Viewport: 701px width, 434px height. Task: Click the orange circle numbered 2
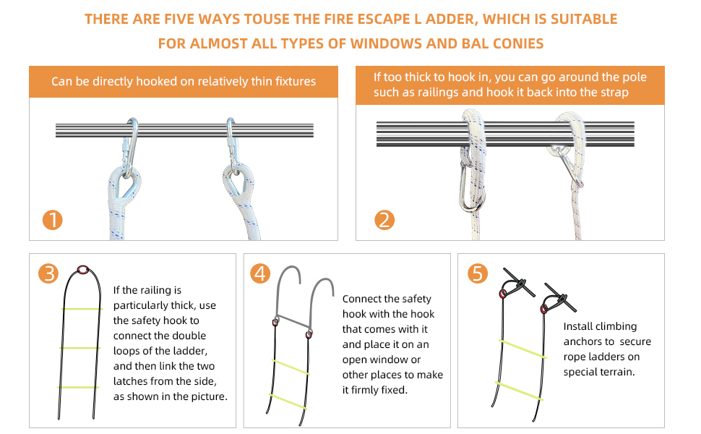point(384,220)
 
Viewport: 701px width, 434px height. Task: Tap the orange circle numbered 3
point(49,273)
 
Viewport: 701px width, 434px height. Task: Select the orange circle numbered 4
point(260,273)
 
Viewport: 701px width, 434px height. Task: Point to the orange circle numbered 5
point(478,273)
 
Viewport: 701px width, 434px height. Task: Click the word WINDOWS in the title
point(393,43)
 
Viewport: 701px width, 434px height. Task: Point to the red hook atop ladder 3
point(83,270)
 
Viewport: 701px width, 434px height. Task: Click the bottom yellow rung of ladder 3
point(79,388)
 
